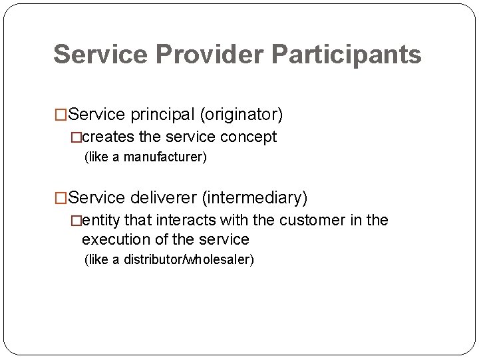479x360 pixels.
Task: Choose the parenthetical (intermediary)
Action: coord(255,198)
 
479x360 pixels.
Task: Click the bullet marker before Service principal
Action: coord(61,116)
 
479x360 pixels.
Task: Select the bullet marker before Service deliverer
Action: coord(61,199)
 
